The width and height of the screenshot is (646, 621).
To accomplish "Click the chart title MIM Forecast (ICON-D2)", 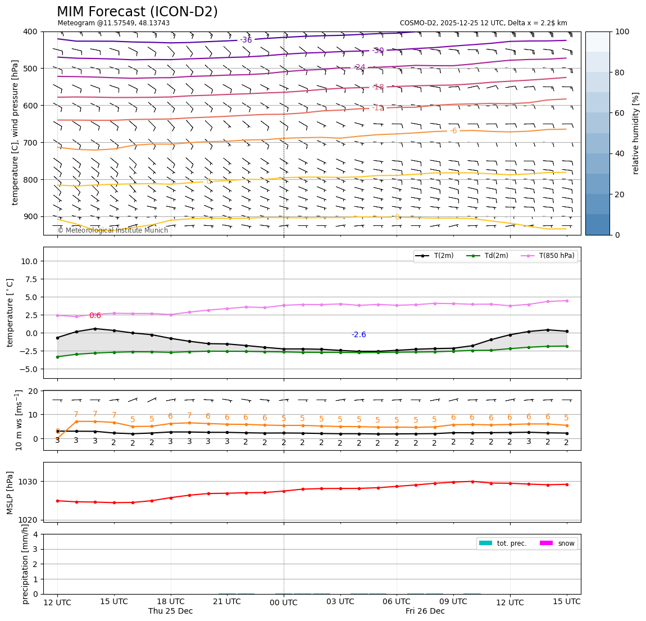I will coord(137,12).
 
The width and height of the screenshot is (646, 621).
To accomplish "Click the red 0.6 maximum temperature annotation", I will coord(95,316).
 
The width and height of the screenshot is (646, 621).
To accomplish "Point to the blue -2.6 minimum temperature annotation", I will coord(358,335).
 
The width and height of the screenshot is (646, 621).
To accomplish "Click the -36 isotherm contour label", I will coord(246,40).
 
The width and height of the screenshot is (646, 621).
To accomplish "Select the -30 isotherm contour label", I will coord(378,51).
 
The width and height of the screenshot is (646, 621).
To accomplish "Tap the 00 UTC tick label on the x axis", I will coord(284,602).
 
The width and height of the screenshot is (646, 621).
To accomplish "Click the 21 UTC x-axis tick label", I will coord(227,601).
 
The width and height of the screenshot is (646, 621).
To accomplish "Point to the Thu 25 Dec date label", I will coord(170,611).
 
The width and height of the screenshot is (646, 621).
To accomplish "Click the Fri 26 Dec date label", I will coord(425,611).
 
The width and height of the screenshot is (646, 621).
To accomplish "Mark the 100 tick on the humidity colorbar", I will coord(622,31).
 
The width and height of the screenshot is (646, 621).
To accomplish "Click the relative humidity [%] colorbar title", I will coord(636,133).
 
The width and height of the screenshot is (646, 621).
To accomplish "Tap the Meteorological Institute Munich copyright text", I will coord(112,230).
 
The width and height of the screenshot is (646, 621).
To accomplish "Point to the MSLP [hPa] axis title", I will coord(10,493).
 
